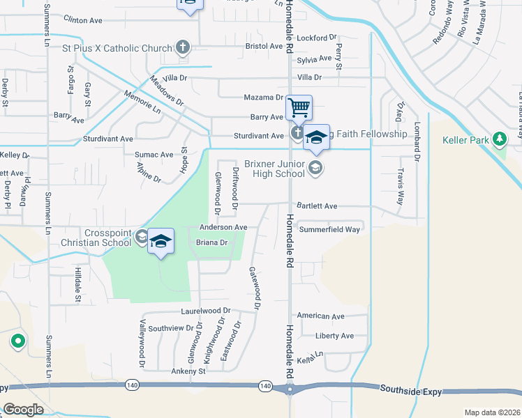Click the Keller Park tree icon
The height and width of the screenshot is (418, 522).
tap(499, 139)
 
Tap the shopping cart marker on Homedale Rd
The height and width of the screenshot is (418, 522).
tap(299, 107)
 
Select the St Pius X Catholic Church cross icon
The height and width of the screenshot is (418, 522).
tap(183, 47)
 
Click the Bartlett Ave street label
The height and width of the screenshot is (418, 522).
tap(317, 206)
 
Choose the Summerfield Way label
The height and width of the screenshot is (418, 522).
tap(329, 229)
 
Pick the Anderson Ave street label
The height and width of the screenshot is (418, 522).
tap(223, 227)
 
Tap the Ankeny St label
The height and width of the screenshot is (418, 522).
tap(188, 371)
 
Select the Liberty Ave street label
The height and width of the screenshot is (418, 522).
tap(335, 335)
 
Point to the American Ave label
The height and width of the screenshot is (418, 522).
tap(321, 316)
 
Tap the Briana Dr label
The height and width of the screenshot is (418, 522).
tap(212, 242)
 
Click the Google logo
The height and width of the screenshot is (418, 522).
tap(23, 409)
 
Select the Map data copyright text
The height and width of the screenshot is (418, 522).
tap(492, 412)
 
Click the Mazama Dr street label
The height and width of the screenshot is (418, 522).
tap(263, 98)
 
